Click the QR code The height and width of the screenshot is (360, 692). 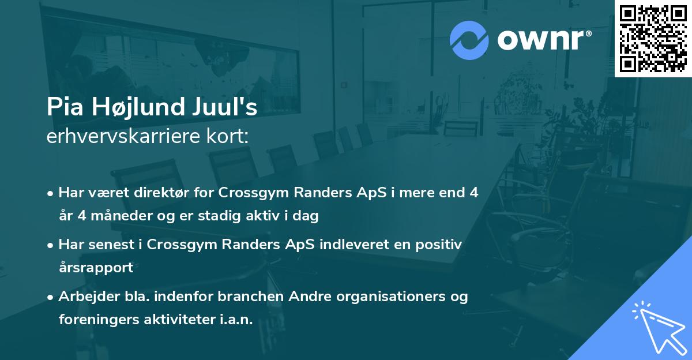click(x=653, y=38)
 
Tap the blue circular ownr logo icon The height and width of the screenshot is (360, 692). click(x=469, y=40)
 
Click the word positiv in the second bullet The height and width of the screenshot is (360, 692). click(x=439, y=245)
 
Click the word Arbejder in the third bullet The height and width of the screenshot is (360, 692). click(x=85, y=297)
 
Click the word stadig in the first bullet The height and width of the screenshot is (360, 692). click(x=226, y=216)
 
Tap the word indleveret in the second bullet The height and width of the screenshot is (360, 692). click(x=341, y=245)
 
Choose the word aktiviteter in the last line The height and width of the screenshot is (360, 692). click(x=179, y=320)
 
